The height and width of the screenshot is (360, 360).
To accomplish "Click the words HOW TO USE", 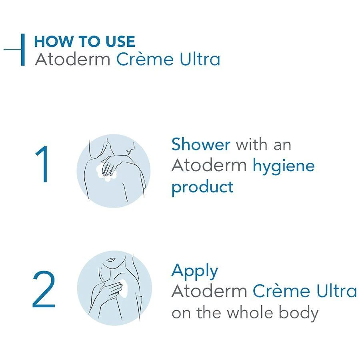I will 84,42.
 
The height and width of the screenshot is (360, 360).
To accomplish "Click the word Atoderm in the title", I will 72,59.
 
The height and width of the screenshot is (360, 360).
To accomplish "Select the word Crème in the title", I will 145,59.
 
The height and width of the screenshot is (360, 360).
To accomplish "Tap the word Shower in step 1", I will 201,144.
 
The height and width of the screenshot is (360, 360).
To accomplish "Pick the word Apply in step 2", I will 195,271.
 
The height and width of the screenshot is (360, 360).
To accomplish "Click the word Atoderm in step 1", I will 209,166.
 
